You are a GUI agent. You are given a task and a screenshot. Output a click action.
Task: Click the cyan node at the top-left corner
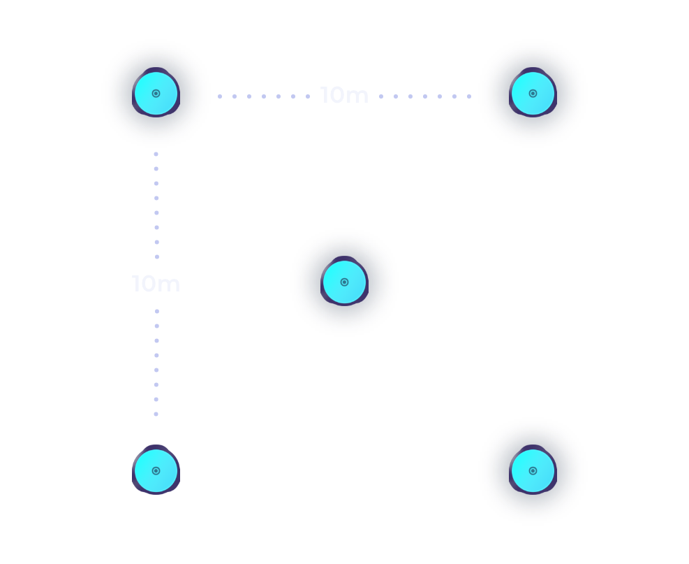click(156, 93)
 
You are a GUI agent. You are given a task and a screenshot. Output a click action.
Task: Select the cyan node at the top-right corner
click(533, 93)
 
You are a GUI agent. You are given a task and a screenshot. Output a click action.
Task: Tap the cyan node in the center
click(345, 282)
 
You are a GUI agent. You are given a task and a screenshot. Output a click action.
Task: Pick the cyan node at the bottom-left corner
click(156, 470)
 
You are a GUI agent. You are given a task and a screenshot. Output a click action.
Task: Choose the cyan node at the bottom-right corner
click(533, 470)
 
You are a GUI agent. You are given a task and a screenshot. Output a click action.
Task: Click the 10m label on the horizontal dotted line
click(345, 95)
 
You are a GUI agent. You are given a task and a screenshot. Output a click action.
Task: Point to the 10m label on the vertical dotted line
click(156, 284)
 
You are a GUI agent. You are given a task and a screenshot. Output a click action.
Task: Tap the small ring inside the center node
click(345, 282)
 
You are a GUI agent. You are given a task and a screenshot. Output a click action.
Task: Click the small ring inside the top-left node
click(156, 93)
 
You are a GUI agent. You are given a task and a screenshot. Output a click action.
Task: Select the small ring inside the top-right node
click(533, 93)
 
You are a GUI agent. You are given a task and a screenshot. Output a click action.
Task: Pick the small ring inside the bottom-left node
click(156, 471)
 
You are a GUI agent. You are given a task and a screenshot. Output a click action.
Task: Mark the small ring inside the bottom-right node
click(533, 471)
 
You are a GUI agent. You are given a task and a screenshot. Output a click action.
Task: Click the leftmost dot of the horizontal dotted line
click(220, 96)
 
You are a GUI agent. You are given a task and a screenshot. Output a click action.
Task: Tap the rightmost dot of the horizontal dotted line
click(469, 96)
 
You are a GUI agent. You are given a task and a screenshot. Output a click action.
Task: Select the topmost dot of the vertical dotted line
click(156, 154)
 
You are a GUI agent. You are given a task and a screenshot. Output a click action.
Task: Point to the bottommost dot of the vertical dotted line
click(156, 414)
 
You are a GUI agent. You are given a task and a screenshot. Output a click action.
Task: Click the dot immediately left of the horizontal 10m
click(308, 96)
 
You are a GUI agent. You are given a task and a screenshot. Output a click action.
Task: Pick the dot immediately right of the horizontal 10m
click(381, 96)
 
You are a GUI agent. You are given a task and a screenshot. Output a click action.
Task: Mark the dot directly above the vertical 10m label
click(157, 256)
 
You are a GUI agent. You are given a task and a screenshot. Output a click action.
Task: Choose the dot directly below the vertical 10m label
click(157, 312)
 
